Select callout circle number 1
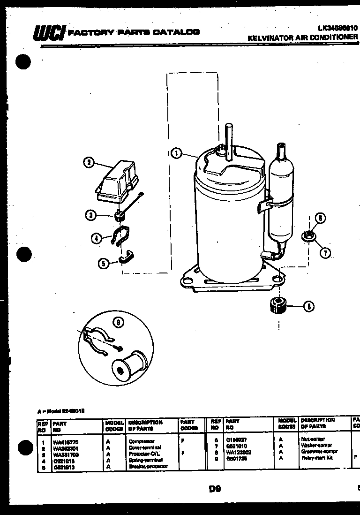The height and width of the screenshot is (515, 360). click(176, 153)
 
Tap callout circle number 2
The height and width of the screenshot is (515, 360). click(88, 163)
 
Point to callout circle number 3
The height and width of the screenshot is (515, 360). click(90, 215)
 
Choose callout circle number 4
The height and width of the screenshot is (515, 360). click(96, 238)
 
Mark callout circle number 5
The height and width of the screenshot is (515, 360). click(103, 263)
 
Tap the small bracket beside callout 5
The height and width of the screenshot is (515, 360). click(127, 257)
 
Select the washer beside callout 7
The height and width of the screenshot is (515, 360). click(308, 236)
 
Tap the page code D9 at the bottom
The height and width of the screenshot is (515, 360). click(215, 489)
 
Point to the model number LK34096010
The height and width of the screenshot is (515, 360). click(335, 29)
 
